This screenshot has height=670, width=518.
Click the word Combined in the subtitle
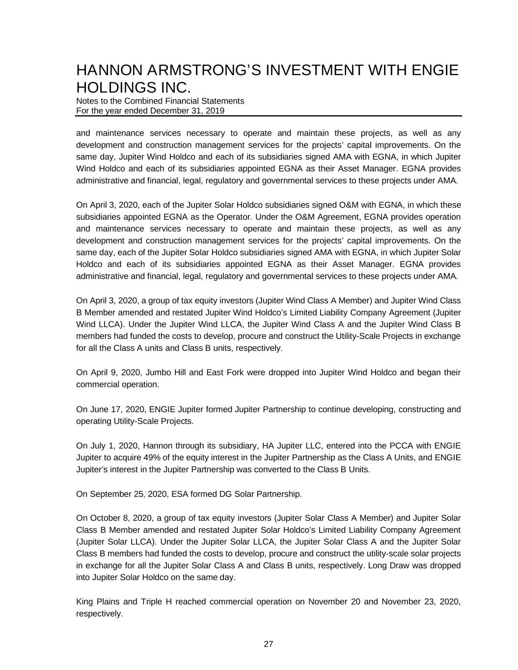139,101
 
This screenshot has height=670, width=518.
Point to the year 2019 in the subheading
215,110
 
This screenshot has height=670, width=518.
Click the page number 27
268,644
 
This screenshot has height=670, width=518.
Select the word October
105,518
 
